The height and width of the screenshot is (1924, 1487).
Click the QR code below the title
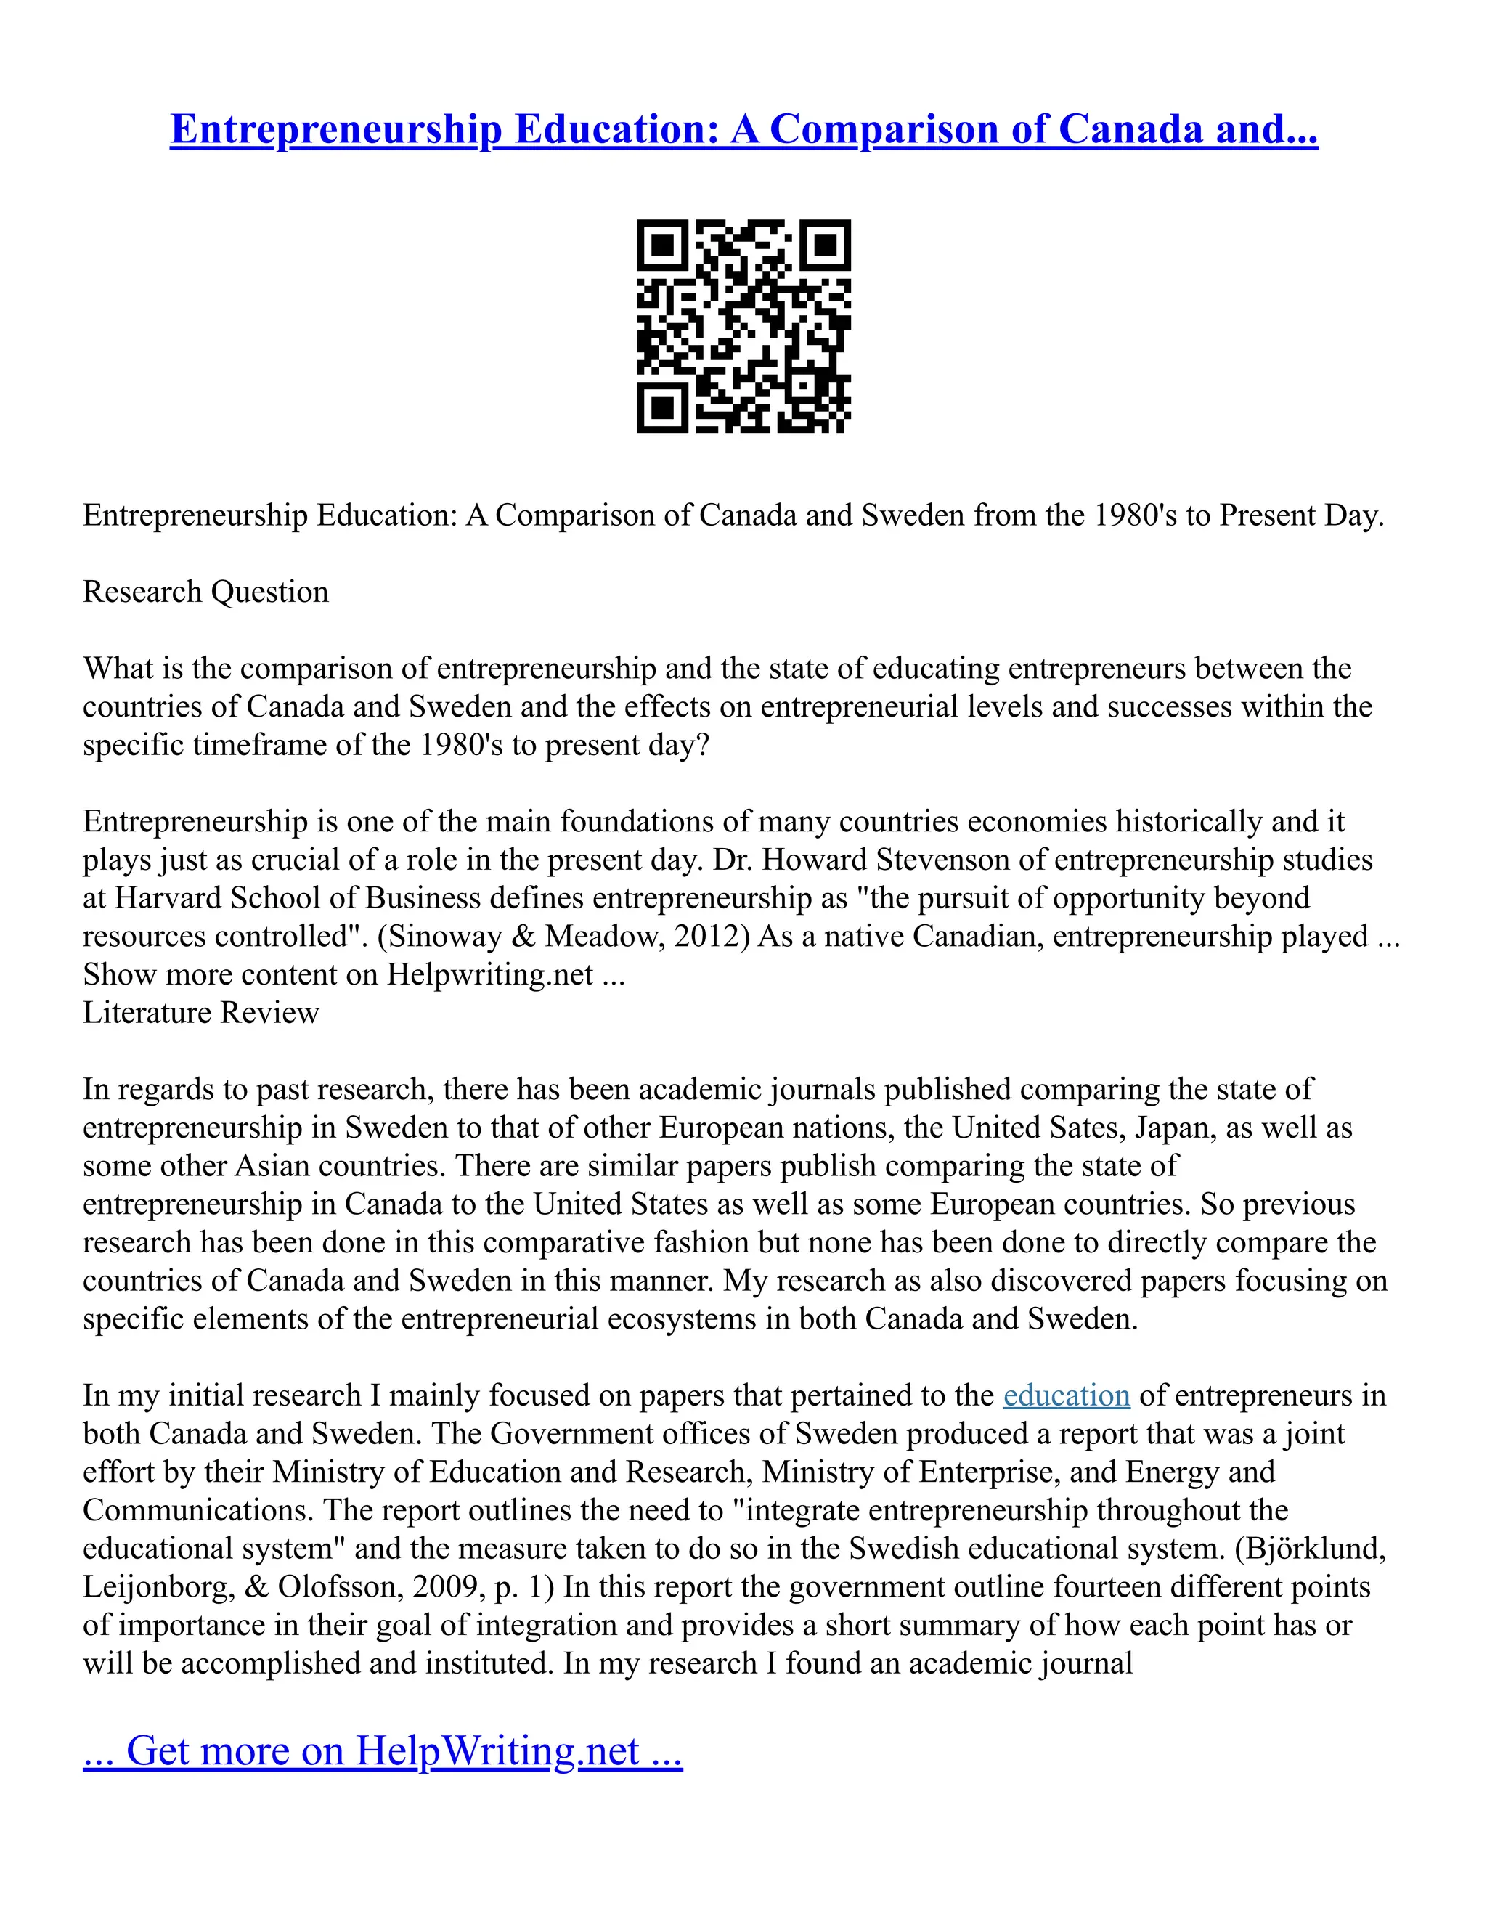[743, 326]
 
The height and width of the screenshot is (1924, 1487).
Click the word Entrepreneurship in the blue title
[335, 129]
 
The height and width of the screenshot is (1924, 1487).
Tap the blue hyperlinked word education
[1066, 1395]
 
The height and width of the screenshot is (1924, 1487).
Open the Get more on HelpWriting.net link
[383, 1750]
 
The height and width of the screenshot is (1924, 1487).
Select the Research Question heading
[205, 591]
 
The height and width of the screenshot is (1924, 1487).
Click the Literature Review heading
[201, 1012]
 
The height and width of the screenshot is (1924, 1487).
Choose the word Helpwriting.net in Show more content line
[490, 974]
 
